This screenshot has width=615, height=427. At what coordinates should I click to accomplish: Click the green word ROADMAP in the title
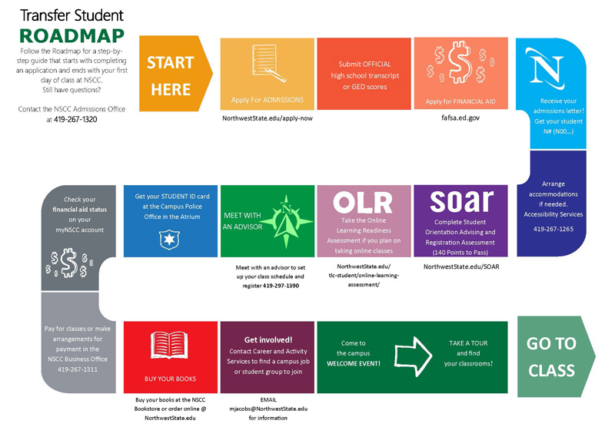tap(71, 36)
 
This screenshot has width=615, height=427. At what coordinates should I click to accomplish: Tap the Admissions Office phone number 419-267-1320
tap(75, 119)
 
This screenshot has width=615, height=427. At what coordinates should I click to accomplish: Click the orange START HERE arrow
tap(176, 74)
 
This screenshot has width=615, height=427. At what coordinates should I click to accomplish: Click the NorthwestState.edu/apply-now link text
tap(268, 118)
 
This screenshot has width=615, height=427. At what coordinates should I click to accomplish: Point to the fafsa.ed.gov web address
tap(460, 118)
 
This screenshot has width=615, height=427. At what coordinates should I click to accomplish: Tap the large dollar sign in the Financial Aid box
tap(460, 63)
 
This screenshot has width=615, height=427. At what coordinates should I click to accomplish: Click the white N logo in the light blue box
tap(546, 68)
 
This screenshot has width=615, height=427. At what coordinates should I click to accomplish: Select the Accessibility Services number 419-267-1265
tap(553, 229)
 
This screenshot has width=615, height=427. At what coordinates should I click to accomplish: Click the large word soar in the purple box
tap(461, 201)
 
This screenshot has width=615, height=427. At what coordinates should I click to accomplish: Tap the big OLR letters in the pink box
tap(363, 203)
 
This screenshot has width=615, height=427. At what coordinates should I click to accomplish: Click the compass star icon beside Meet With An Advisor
tap(286, 222)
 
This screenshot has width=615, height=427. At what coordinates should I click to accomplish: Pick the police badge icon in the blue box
tap(169, 240)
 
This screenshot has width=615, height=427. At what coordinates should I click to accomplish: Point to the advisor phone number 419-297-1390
tap(281, 286)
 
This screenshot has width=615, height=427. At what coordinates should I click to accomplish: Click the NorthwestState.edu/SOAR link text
tap(461, 266)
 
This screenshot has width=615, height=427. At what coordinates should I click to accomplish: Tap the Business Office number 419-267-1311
tap(78, 369)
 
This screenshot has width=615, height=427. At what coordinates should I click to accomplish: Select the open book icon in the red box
tap(169, 346)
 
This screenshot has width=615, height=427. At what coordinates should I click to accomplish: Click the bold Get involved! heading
tap(268, 339)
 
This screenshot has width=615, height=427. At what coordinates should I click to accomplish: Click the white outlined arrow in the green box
tap(414, 356)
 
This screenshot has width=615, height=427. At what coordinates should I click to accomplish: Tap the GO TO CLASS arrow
tap(556, 356)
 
